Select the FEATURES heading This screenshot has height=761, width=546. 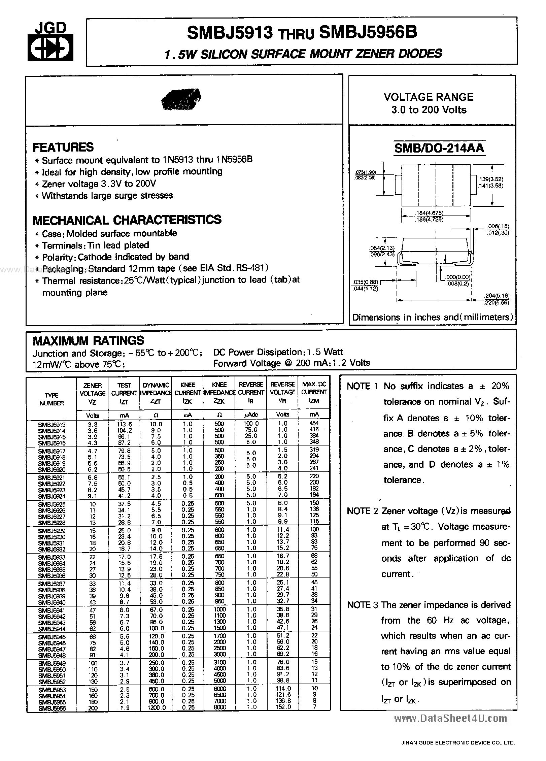point(63,147)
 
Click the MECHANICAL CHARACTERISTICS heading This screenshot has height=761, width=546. point(127,220)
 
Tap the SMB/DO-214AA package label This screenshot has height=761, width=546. point(439,148)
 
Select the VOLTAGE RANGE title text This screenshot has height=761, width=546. point(429,97)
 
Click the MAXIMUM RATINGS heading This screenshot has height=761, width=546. point(89,340)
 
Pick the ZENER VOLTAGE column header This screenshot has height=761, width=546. point(93,393)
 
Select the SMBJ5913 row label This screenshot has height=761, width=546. point(52,425)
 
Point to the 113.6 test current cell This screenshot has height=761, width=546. point(124,424)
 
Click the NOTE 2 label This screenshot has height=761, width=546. point(363,511)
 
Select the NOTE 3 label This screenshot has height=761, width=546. point(363,605)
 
